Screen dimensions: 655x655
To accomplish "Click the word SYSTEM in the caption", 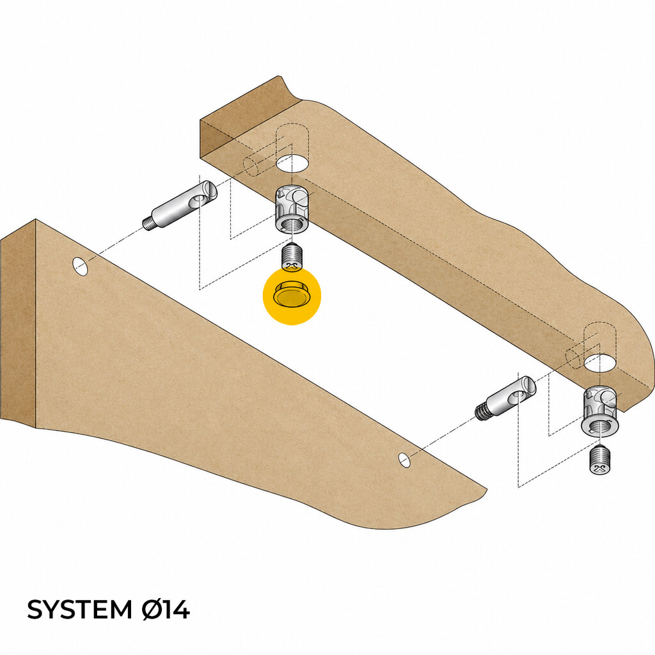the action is pyautogui.click(x=79, y=610).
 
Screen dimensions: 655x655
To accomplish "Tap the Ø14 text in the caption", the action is pyautogui.click(x=166, y=610).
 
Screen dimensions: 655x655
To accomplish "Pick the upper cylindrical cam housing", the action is pyautogui.click(x=292, y=208).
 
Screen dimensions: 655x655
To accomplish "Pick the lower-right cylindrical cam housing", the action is pyautogui.click(x=600, y=409).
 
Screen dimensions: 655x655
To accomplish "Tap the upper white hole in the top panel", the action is pyautogui.click(x=292, y=163).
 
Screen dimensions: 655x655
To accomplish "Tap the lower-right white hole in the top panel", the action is pyautogui.click(x=600, y=363).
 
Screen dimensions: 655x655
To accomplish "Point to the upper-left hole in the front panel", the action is pyautogui.click(x=80, y=267).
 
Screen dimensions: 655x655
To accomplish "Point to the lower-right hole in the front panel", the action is pyautogui.click(x=404, y=459).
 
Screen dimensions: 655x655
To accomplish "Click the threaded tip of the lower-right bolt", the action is pyautogui.click(x=482, y=413).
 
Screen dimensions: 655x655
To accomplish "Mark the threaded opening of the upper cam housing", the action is pyautogui.click(x=292, y=225).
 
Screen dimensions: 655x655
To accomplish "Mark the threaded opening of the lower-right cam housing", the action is pyautogui.click(x=600, y=426).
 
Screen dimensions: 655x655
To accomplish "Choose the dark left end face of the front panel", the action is pyautogui.click(x=19, y=326).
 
